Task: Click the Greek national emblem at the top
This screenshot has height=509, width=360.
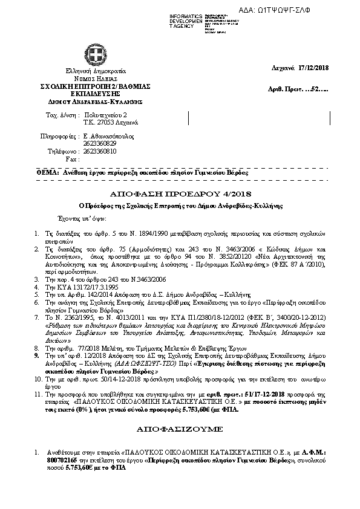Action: point(96,57)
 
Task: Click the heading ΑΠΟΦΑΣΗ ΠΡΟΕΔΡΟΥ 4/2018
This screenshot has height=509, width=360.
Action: point(179,194)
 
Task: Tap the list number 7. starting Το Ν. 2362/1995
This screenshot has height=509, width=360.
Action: point(38,316)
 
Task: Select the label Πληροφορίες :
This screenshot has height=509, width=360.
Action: point(59,137)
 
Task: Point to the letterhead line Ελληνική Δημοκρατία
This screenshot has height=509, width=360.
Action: point(95,71)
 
